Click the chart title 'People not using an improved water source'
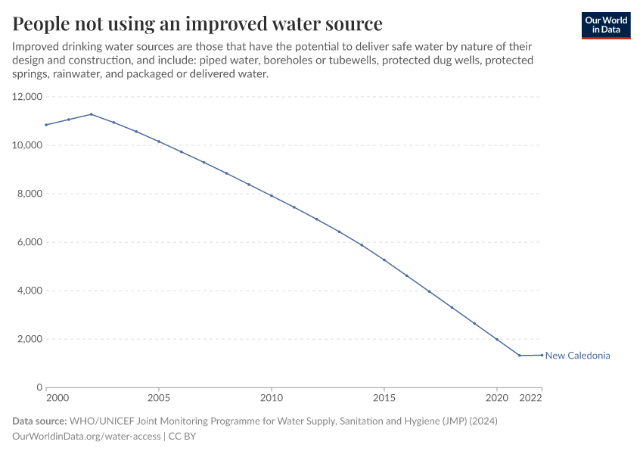tap(197, 23)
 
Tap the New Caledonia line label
tap(577, 356)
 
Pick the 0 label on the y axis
tap(39, 387)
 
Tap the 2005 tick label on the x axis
tap(158, 397)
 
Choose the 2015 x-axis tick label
tap(384, 397)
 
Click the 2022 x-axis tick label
tap(532, 397)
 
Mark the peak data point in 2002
tap(91, 114)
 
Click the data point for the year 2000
tap(46, 125)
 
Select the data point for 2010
tap(272, 196)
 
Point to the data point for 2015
tap(384, 260)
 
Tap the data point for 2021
tap(520, 356)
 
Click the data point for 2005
tap(159, 141)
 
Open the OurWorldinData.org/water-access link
tap(86, 436)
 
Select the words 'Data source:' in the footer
tap(39, 421)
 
